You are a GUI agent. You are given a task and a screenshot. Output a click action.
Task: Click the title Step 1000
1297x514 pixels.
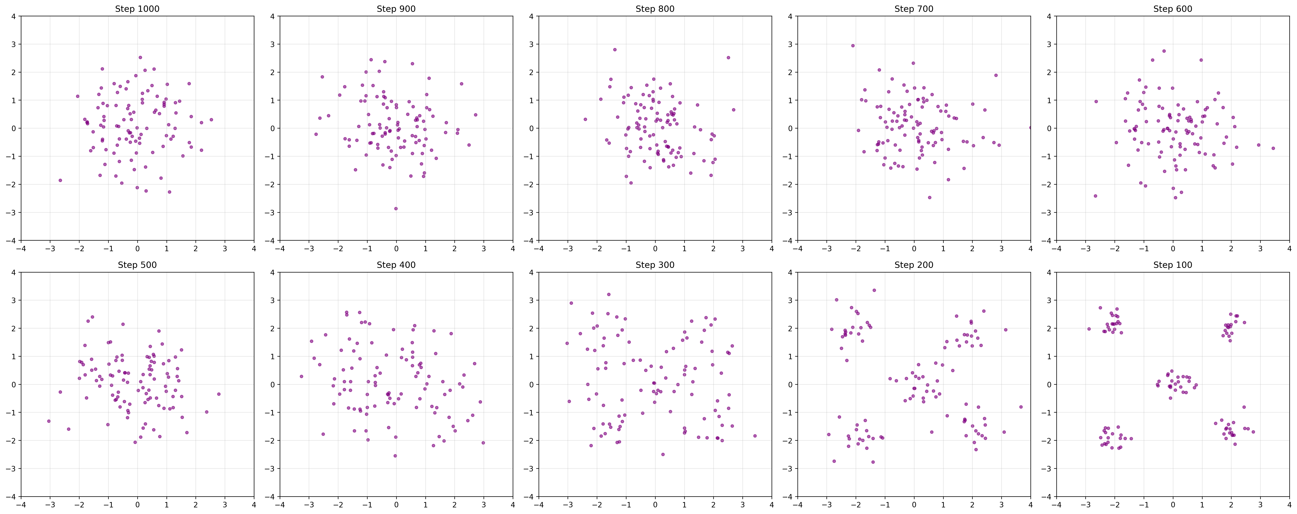(137, 9)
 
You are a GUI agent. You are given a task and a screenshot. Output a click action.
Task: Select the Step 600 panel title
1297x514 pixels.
(1173, 9)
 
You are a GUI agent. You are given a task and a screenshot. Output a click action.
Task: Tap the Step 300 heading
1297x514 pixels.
(655, 265)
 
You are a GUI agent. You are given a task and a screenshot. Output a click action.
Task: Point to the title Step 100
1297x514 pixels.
(1173, 265)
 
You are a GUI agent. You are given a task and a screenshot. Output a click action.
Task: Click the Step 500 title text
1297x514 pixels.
(137, 265)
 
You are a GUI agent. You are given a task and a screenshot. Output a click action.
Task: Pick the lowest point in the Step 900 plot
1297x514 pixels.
(396, 208)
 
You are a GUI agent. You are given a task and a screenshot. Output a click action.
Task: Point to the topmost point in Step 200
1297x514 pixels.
(874, 290)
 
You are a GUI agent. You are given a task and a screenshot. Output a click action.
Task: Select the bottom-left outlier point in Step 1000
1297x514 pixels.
(60, 180)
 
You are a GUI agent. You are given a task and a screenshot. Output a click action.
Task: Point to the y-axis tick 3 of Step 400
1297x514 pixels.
(273, 300)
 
